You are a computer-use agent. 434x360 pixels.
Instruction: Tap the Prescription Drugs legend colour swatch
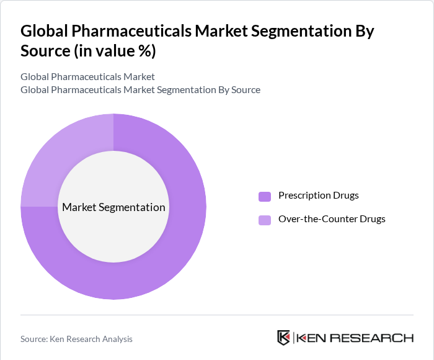coord(265,196)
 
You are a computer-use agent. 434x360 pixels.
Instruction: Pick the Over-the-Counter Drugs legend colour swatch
coord(265,220)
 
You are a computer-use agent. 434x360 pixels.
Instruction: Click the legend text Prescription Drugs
coord(318,196)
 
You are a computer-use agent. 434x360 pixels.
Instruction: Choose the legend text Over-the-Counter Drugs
coord(332,219)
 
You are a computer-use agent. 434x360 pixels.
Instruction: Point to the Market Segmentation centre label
coord(113,207)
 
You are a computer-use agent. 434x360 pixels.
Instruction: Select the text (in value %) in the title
coord(115,52)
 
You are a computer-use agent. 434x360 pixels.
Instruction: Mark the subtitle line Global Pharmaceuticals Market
coord(87,77)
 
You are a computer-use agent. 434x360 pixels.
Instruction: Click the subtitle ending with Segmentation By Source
coord(140,90)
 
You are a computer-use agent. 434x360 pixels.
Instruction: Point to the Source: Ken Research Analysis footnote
coord(76,339)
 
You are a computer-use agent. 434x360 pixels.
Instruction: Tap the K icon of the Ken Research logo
coord(283,338)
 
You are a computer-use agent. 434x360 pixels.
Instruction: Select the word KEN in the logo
coord(311,338)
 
